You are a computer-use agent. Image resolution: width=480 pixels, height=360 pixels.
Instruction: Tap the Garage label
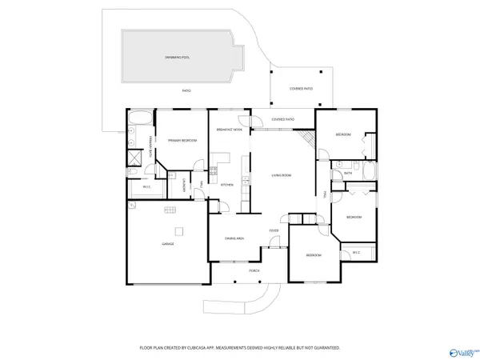click(168, 244)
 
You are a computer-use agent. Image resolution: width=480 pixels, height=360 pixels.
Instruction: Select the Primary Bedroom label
click(182, 140)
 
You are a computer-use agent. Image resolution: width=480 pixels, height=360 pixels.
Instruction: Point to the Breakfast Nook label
click(230, 130)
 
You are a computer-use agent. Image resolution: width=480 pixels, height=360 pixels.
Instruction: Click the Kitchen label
click(227, 185)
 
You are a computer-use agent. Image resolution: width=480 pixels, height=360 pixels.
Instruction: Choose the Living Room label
click(281, 175)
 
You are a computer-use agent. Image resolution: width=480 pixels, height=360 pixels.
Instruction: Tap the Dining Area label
click(234, 238)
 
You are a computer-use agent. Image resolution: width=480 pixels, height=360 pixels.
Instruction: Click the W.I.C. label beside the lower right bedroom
click(357, 254)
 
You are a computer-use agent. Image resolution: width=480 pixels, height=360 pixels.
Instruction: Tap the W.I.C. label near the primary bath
click(147, 186)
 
